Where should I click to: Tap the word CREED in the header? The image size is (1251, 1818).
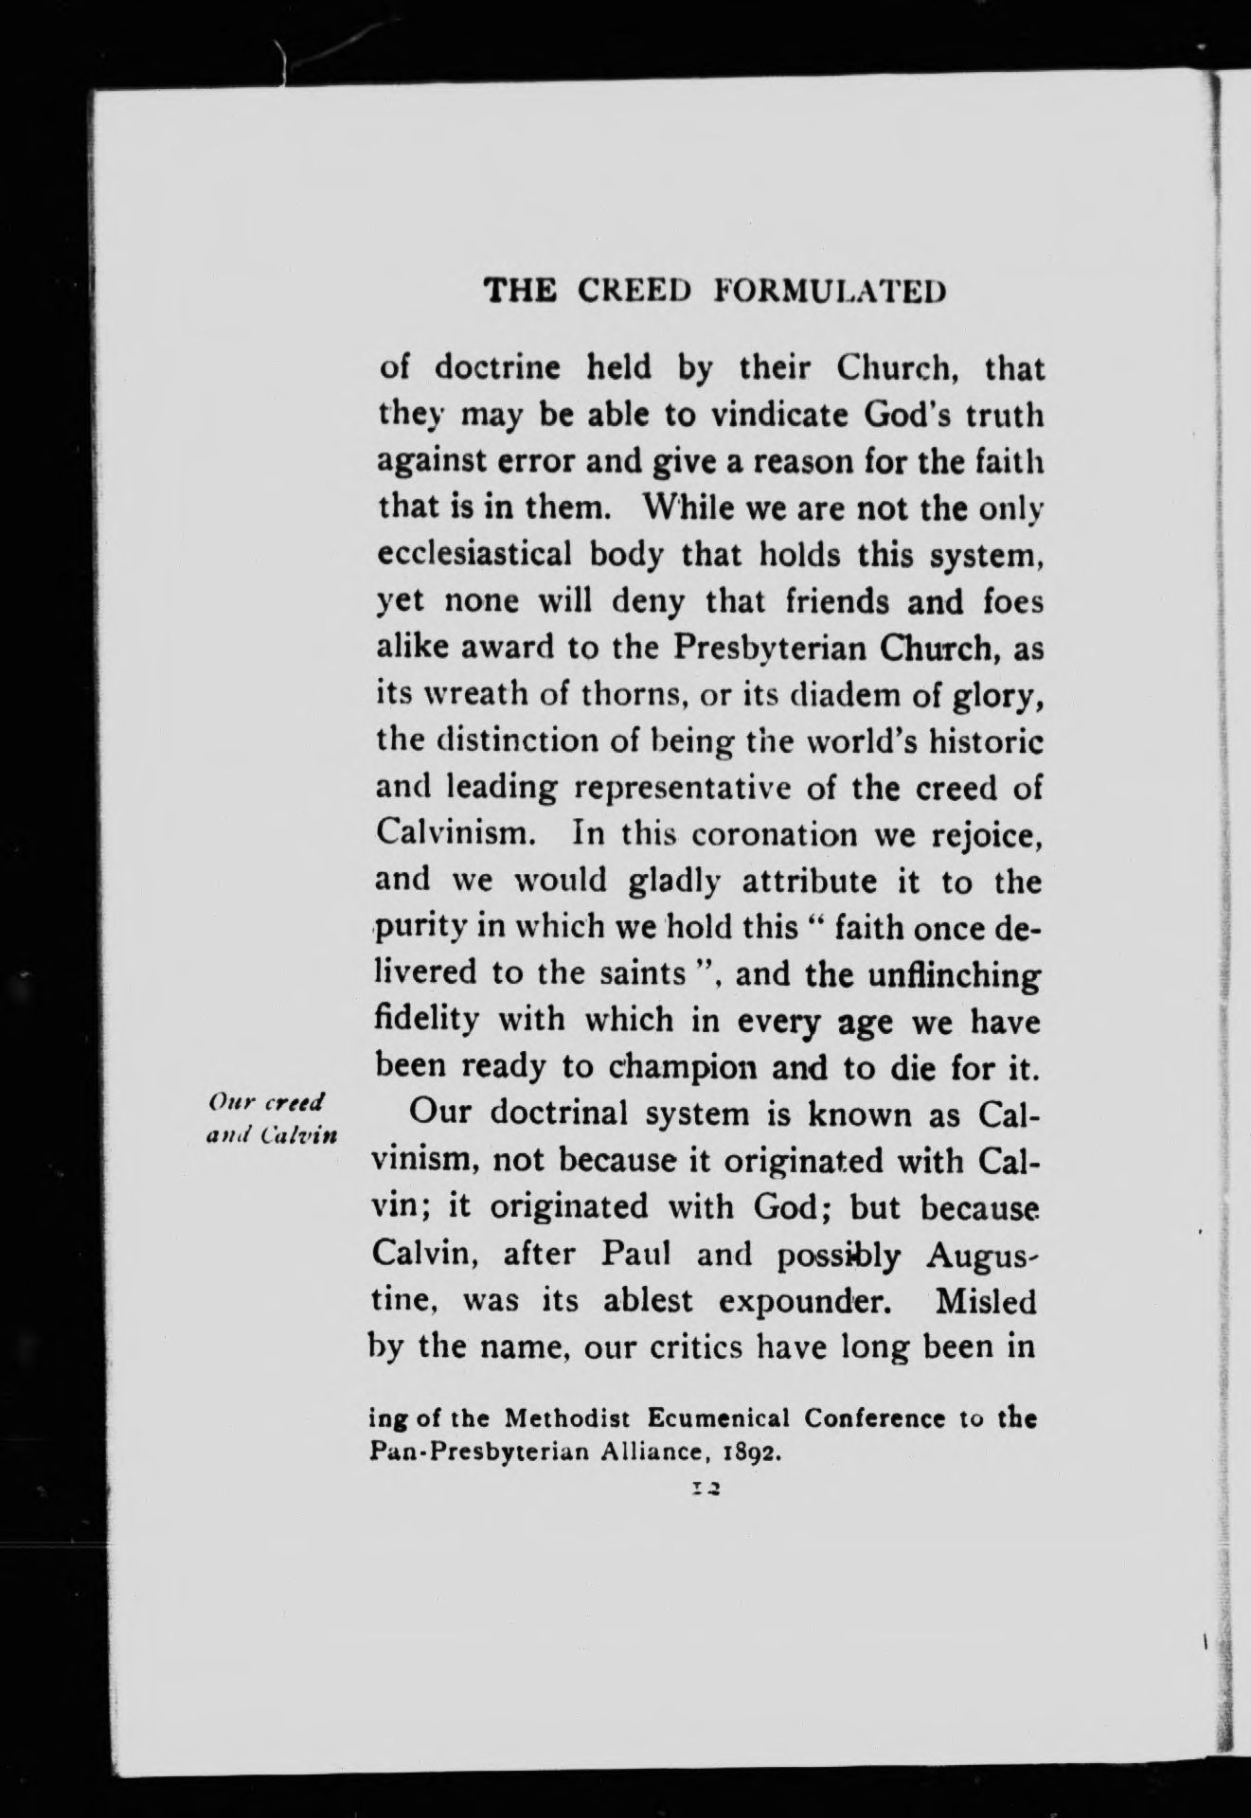click(629, 290)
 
